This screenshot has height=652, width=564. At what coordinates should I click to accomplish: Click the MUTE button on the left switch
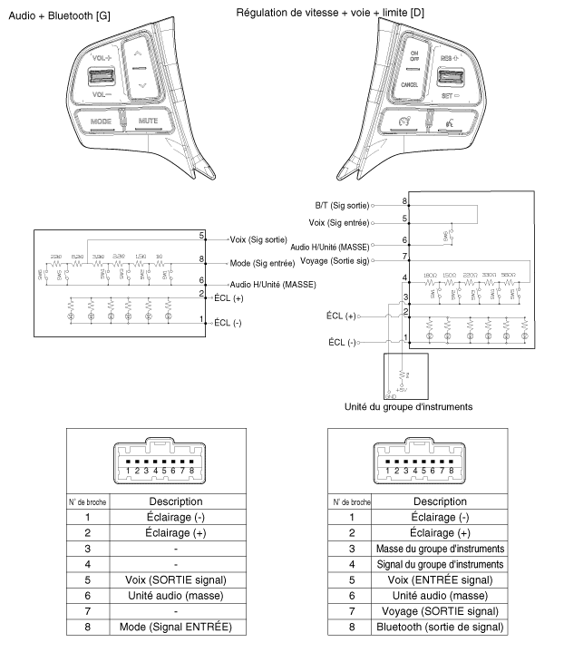pos(147,120)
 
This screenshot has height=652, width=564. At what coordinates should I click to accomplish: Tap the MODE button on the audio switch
pos(101,120)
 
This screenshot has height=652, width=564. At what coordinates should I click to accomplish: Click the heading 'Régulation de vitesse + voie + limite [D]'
pos(342,12)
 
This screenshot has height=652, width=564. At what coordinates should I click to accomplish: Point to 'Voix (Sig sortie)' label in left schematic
pos(265,239)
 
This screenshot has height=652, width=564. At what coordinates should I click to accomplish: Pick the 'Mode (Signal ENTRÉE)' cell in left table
pos(175,627)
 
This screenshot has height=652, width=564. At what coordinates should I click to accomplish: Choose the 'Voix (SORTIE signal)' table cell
pos(175,579)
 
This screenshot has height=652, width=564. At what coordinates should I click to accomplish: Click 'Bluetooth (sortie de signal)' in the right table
pos(441,627)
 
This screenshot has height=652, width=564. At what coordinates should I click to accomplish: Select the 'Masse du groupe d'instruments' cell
pos(441,549)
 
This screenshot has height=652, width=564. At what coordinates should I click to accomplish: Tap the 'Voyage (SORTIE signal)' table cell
pos(441,611)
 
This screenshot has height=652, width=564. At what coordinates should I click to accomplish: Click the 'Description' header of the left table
pos(175,501)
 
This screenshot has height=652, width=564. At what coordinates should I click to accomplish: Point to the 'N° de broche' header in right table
pos(352,501)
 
